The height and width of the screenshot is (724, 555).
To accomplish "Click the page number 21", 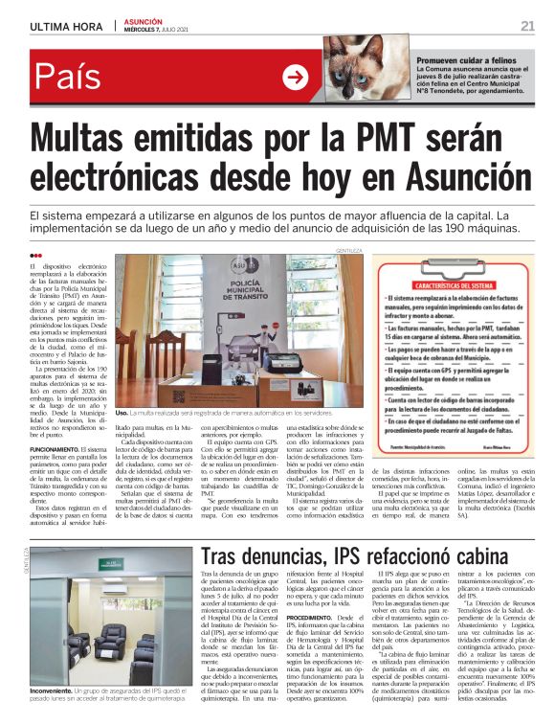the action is click(x=527, y=25).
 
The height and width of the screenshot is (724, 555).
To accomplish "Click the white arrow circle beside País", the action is click(x=295, y=78).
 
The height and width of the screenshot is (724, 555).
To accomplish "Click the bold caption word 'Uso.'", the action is click(x=122, y=411).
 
